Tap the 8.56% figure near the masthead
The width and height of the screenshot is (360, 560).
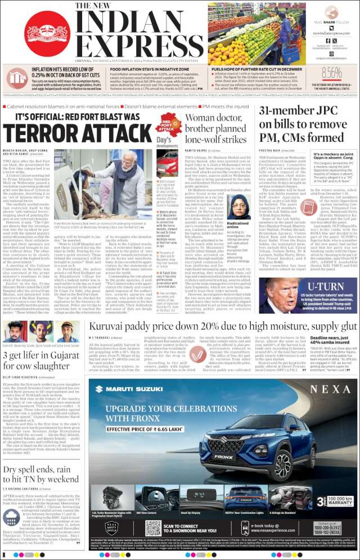point(332,73)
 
